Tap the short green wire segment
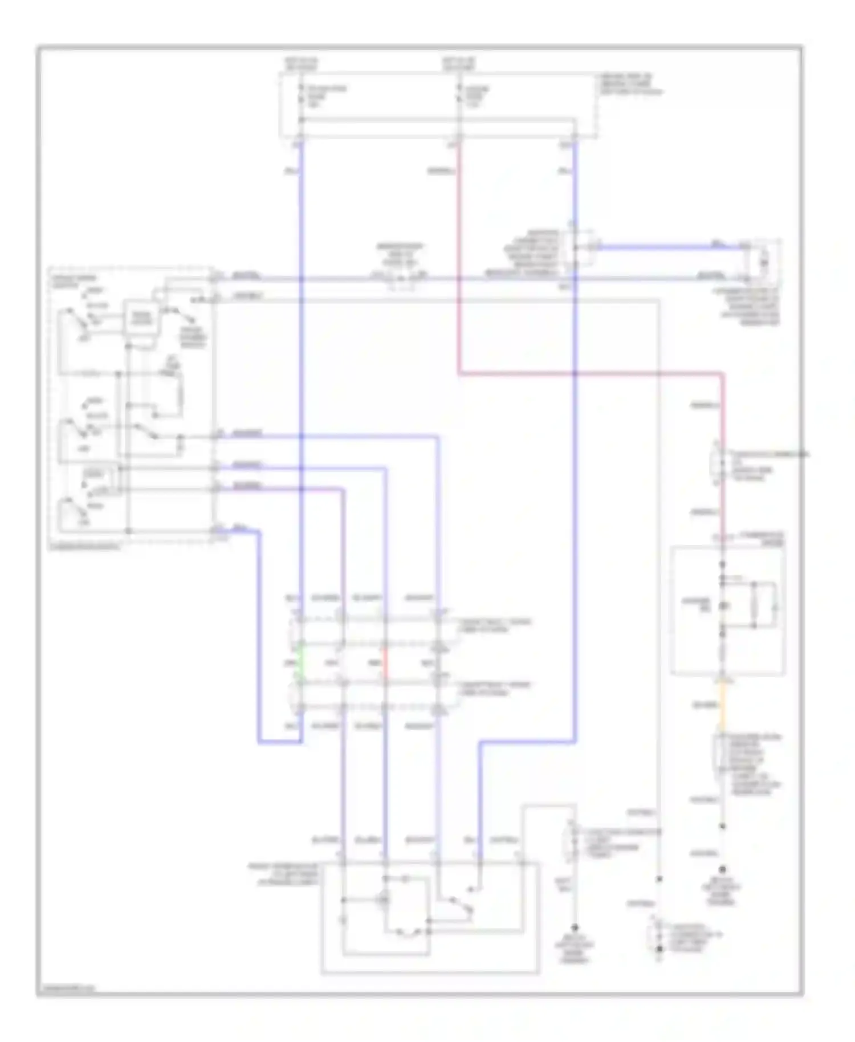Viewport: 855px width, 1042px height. (x=300, y=664)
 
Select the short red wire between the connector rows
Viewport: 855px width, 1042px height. (x=386, y=664)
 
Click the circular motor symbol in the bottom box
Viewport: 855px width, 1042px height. (x=385, y=899)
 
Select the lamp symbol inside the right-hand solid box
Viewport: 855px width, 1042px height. (x=723, y=605)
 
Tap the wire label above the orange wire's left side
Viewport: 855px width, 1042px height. (x=705, y=706)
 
